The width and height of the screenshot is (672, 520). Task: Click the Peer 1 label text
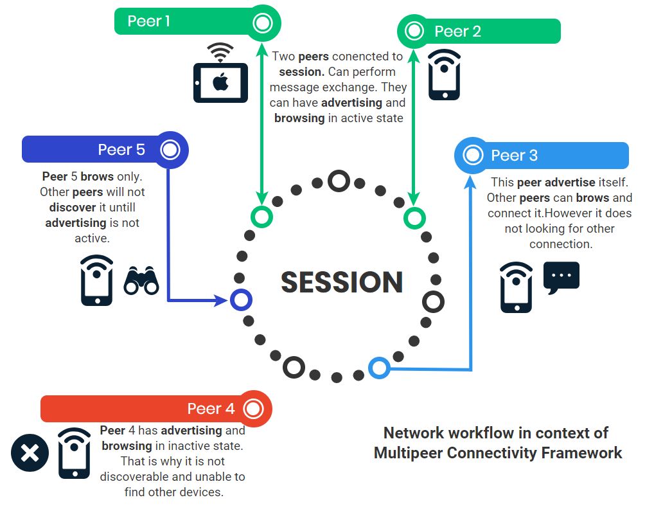[148, 21]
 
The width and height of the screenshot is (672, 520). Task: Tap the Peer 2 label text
[457, 31]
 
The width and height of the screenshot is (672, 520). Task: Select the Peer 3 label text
[514, 156]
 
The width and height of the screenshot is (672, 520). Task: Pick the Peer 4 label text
[211, 409]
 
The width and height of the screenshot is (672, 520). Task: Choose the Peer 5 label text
[121, 150]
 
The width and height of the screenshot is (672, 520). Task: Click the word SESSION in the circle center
[342, 283]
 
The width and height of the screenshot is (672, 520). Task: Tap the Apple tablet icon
[220, 82]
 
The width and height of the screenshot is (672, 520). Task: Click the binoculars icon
[141, 281]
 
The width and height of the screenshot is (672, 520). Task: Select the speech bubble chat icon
[561, 278]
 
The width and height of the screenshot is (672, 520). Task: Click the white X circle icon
[30, 454]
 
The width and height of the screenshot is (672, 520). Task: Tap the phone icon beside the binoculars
[97, 281]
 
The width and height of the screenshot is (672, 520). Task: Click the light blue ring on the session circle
[379, 368]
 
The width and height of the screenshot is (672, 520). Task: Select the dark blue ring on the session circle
[241, 300]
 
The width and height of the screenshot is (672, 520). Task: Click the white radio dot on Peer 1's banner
[262, 24]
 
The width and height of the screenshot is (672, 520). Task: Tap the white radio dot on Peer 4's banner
[254, 409]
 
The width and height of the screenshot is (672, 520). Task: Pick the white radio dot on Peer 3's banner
[473, 155]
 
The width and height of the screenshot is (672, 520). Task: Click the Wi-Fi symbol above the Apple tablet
[220, 51]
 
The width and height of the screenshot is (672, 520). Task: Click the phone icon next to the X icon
[75, 454]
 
